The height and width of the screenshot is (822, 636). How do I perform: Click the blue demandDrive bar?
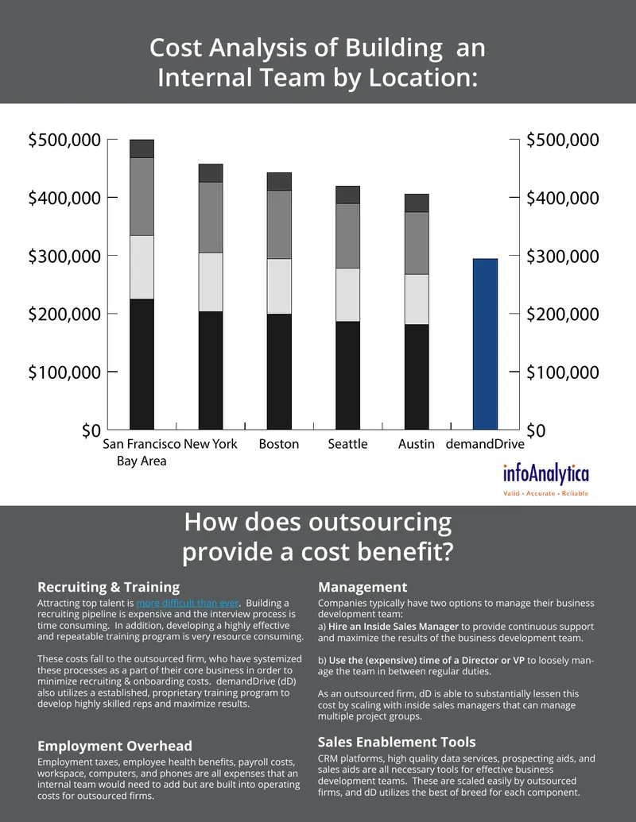click(485, 344)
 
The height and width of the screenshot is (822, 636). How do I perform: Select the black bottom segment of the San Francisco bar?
click(142, 365)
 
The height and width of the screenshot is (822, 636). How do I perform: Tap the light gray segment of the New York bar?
click(211, 282)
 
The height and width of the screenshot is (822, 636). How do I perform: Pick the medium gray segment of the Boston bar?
click(279, 225)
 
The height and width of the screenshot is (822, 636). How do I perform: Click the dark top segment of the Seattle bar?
click(348, 195)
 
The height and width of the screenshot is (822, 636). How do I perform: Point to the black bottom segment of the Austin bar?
click(417, 377)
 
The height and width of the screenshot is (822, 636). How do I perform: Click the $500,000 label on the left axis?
click(64, 140)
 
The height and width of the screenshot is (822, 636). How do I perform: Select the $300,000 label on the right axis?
click(563, 257)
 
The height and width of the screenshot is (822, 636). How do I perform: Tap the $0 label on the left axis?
click(91, 431)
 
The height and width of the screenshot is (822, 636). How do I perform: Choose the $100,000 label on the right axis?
click(563, 372)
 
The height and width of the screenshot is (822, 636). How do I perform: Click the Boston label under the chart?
click(278, 444)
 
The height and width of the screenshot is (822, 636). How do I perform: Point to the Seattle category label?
click(348, 444)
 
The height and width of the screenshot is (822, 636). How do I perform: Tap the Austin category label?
click(416, 444)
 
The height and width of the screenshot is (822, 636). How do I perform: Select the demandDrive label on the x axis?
click(485, 444)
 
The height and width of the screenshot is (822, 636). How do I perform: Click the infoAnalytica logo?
click(545, 480)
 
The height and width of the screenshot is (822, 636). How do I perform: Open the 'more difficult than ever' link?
click(188, 603)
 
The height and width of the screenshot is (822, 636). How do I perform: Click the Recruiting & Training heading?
click(109, 587)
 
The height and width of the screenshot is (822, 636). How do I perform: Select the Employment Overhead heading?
click(115, 746)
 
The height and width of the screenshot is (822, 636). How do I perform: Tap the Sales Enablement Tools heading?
click(397, 742)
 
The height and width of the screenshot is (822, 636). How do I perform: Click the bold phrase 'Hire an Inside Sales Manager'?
click(394, 627)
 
